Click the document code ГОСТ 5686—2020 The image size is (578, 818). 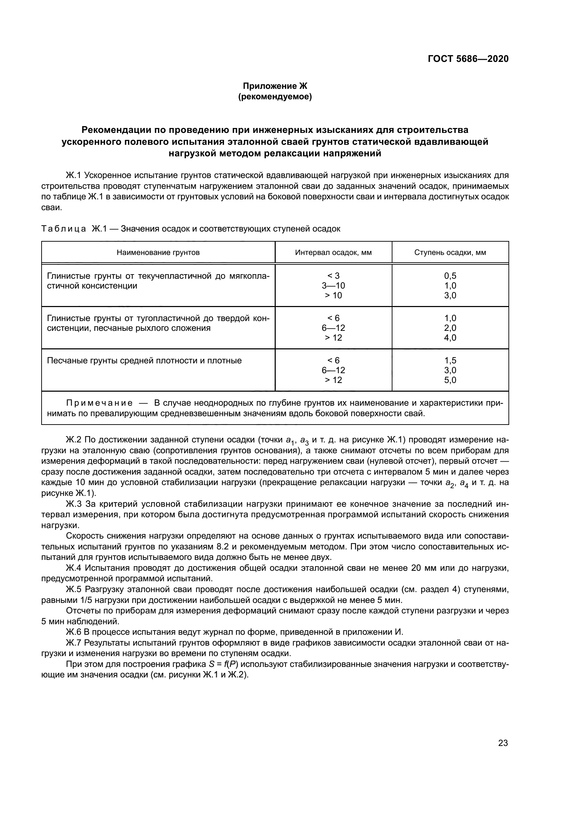pos(468,59)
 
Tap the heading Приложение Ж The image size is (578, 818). pos(275,86)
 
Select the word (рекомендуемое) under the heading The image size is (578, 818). pos(275,97)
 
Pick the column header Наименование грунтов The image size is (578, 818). pos(158,252)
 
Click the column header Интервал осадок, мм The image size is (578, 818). pos(333,252)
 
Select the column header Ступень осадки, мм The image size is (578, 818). pos(450,252)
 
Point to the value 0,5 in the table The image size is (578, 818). pos(450,276)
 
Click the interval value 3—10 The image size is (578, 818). pos(333,286)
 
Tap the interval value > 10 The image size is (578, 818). pos(333,296)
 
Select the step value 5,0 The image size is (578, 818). pos(450,380)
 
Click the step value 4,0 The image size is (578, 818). pos(450,338)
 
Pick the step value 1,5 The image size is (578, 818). pos(450,361)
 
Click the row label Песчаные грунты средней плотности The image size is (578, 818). pos(144,361)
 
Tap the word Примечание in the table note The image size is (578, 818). pos(100,403)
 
